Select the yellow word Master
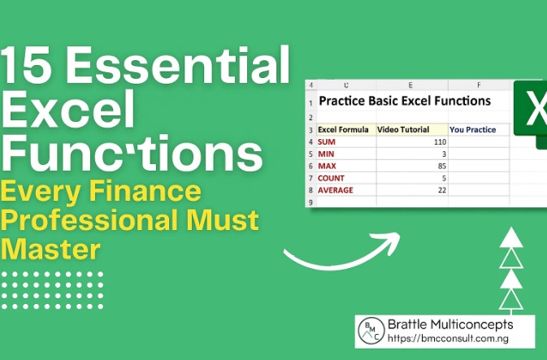click(50, 247)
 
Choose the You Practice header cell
click(472, 129)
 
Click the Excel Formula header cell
click(343, 129)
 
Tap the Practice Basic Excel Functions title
click(404, 102)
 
